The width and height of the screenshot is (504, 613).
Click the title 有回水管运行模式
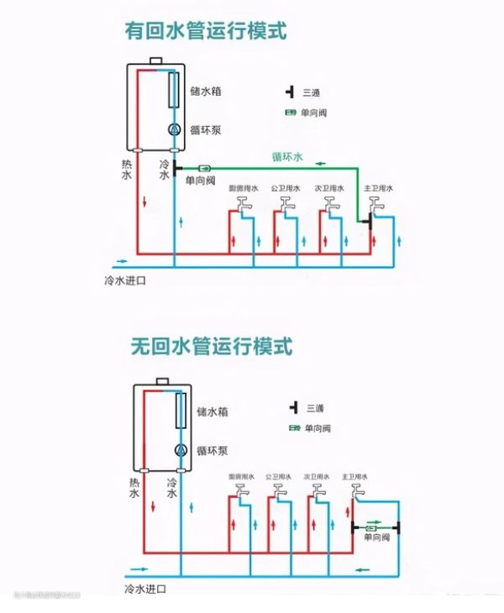pos(206,32)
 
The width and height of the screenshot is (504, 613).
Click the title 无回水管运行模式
pos(211,345)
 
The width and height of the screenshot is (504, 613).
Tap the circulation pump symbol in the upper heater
pos(174,129)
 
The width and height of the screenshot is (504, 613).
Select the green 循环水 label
pos(288,156)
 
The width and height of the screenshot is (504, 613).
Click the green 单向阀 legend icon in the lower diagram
pos(296,428)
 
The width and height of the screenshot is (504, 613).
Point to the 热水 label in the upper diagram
pos(127,171)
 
